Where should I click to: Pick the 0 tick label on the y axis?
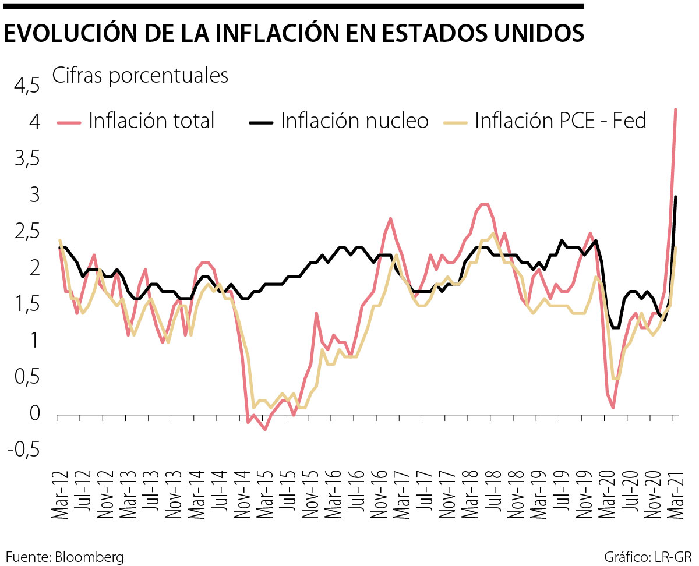tap(34, 415)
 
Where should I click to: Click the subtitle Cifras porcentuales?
tap(140, 76)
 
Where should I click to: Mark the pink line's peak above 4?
tap(675, 109)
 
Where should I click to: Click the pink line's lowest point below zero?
tap(265, 429)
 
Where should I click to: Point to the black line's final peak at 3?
tap(675, 197)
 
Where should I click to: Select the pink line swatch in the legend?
tap(70, 122)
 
